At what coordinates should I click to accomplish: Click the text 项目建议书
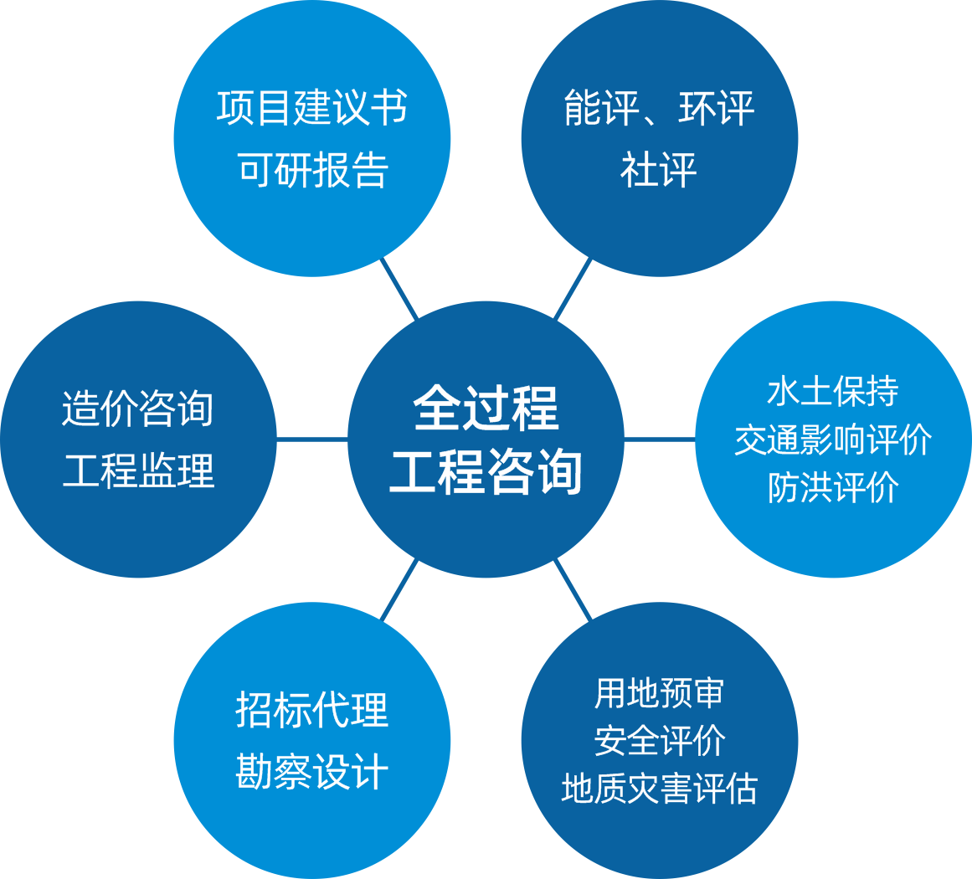(312, 109)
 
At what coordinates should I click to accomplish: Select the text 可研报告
(312, 170)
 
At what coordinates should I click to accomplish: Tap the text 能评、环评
(659, 109)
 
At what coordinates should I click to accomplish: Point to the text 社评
(659, 170)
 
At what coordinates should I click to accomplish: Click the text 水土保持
(833, 392)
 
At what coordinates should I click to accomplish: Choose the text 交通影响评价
(833, 439)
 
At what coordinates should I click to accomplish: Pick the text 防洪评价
(833, 487)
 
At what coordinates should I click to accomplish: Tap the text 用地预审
(659, 693)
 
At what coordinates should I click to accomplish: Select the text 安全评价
(659, 741)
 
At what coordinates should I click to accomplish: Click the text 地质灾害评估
(659, 789)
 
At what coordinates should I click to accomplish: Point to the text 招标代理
(312, 710)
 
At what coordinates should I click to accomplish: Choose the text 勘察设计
(312, 771)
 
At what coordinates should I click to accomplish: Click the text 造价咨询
(138, 410)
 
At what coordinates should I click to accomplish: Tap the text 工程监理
(138, 470)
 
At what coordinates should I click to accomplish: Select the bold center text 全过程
(486, 408)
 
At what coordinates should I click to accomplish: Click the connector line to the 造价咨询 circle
(311, 439)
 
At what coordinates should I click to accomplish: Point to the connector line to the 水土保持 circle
(660, 439)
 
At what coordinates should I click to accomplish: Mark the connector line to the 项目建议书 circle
(399, 289)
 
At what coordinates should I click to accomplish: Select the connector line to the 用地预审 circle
(573, 589)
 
